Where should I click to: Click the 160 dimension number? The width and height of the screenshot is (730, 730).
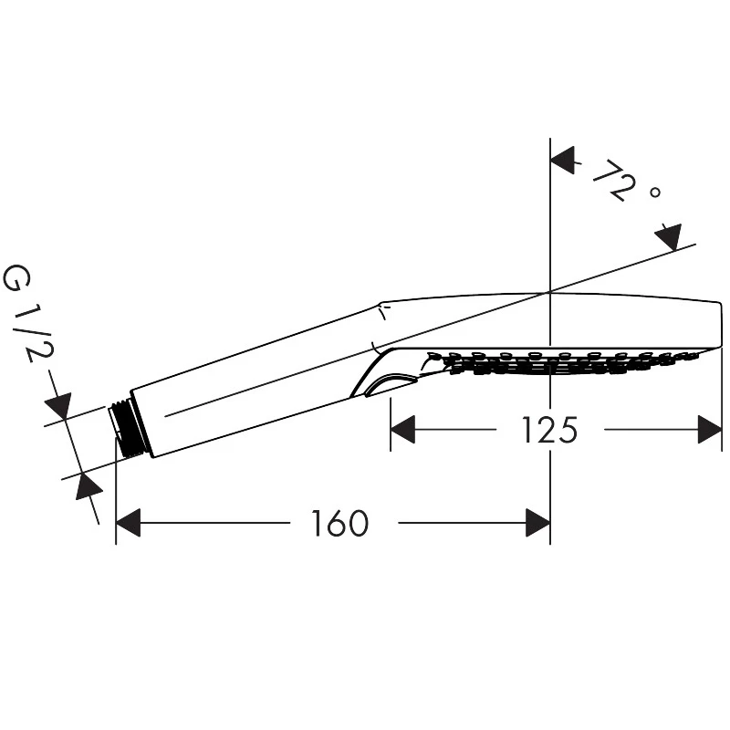click(x=339, y=523)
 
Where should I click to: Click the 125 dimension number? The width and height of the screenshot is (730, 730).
click(x=549, y=429)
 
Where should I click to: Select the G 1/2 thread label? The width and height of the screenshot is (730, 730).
click(x=29, y=313)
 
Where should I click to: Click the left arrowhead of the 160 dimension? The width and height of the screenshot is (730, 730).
click(x=128, y=523)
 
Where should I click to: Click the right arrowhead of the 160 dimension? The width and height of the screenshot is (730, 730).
click(x=538, y=523)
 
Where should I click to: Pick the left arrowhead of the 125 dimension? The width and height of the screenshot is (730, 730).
click(x=402, y=429)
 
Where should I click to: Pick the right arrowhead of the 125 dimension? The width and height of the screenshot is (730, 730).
click(x=710, y=429)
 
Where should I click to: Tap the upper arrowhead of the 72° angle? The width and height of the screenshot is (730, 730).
click(x=562, y=161)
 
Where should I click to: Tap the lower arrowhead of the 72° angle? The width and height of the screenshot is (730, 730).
click(x=670, y=237)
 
